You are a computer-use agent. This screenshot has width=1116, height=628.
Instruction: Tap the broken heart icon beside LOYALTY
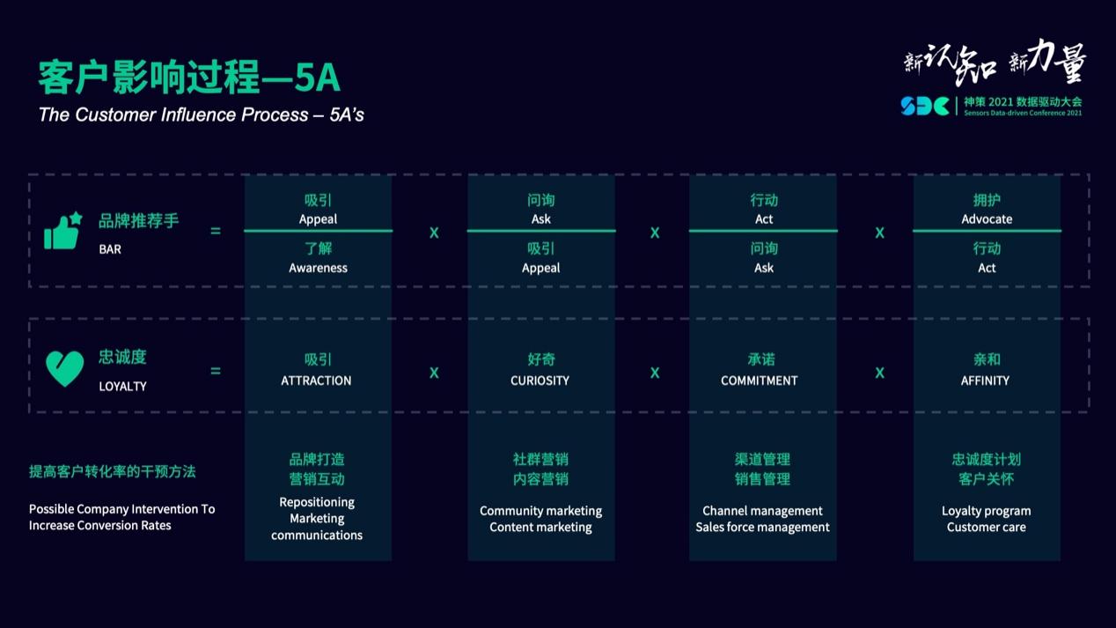tap(64, 369)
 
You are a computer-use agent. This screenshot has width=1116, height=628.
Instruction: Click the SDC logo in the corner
tap(924, 106)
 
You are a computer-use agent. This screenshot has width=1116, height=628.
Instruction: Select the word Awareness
tap(318, 268)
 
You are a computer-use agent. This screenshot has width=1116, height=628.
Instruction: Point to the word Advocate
tap(987, 218)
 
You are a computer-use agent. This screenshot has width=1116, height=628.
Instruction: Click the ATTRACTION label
tap(316, 380)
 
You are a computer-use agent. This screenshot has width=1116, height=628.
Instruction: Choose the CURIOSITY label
tap(540, 380)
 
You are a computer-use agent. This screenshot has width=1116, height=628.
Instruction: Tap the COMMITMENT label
tap(760, 380)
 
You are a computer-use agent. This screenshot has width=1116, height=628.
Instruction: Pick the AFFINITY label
tap(985, 380)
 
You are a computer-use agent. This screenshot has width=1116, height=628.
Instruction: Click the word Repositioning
tap(317, 502)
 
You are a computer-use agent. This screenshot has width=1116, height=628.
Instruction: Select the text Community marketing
tap(540, 511)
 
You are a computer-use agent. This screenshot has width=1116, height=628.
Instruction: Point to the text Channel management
tap(762, 511)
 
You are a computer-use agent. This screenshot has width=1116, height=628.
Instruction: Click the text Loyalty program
tap(986, 511)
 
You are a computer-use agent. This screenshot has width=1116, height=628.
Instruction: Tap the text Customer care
tap(986, 527)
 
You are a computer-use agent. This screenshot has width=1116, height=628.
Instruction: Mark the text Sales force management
tap(762, 527)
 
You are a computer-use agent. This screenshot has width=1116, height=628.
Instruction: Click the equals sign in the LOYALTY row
tap(216, 371)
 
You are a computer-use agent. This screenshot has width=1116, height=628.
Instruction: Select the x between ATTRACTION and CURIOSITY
tap(434, 373)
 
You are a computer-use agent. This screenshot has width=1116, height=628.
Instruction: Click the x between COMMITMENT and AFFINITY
tap(879, 373)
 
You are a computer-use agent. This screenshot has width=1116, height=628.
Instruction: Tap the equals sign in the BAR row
tap(216, 231)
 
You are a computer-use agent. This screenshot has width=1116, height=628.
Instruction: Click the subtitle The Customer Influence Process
tap(201, 115)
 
